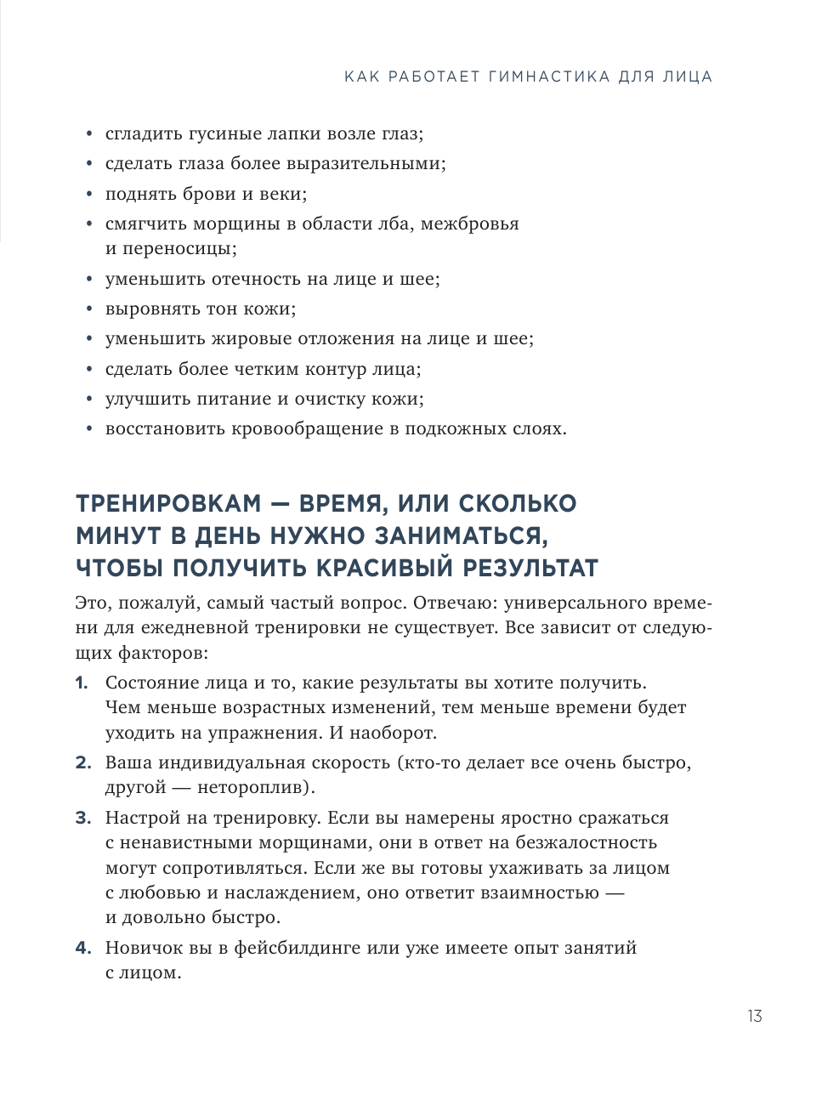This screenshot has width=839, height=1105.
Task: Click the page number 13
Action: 754,1016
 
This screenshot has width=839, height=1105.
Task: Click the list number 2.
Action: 82,762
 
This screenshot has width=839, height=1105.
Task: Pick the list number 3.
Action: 82,818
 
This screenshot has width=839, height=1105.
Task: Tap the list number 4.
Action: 82,948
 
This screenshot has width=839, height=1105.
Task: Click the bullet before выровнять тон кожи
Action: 90,309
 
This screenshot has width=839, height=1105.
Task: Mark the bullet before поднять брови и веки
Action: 90,195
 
